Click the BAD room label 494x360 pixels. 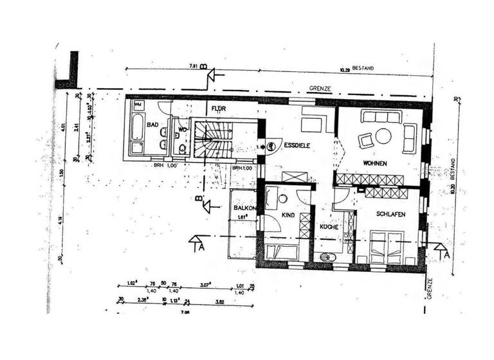[152, 125]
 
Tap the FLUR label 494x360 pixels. [218, 109]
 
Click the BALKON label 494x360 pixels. [245, 209]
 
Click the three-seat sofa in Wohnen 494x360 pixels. [381, 116]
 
